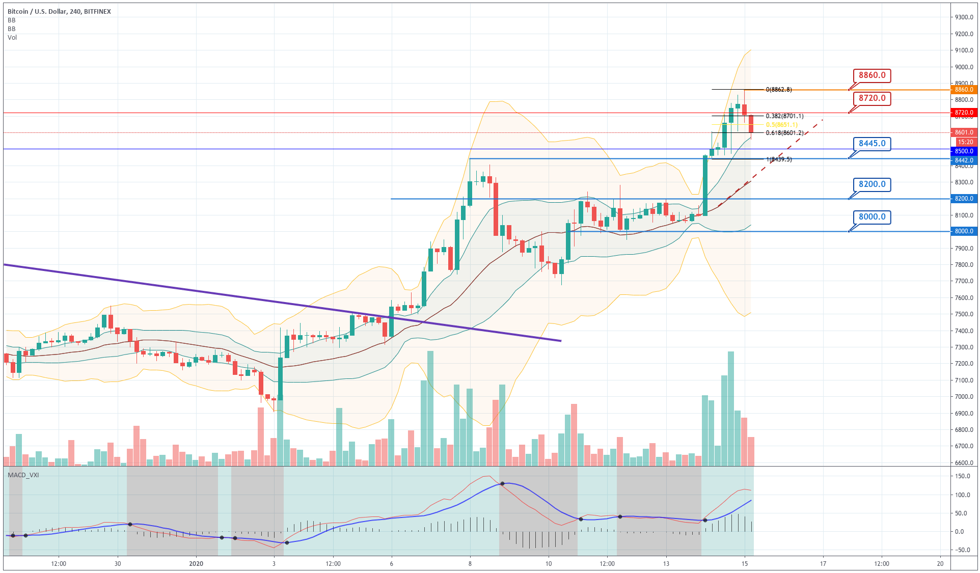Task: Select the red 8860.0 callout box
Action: [872, 75]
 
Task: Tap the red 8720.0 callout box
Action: [872, 98]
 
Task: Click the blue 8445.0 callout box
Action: [872, 144]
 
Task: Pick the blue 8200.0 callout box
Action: [872, 184]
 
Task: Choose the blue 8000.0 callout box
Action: [872, 217]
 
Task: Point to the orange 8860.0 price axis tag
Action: [964, 90]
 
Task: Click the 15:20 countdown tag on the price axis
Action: [965, 142]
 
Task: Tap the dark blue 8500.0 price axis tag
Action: [964, 151]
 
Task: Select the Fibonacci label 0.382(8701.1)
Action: [784, 116]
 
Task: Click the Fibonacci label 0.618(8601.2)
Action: [784, 133]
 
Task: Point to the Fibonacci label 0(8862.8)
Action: [779, 90]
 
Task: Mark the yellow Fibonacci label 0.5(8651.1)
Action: [782, 125]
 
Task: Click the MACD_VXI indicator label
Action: [23, 475]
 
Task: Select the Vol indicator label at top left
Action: [12, 38]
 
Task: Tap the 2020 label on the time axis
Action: [196, 563]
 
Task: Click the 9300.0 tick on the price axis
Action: [964, 17]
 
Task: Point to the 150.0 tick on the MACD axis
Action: [963, 476]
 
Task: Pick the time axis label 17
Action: [823, 563]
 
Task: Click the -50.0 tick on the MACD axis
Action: [962, 550]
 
